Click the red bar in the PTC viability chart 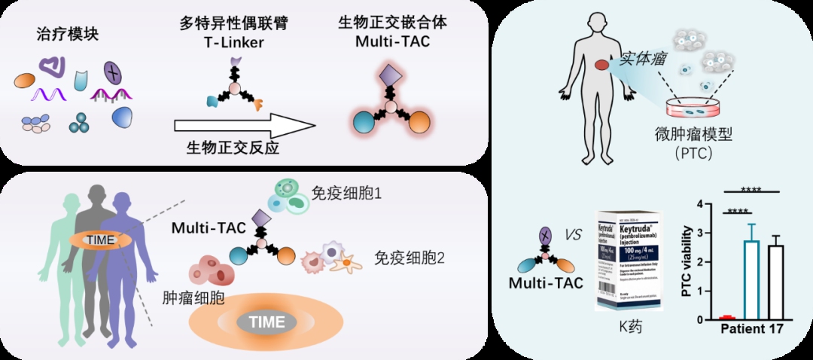[726, 318]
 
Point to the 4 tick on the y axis [700, 204]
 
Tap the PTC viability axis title [687, 261]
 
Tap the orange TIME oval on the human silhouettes [102, 240]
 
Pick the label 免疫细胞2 [410, 258]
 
